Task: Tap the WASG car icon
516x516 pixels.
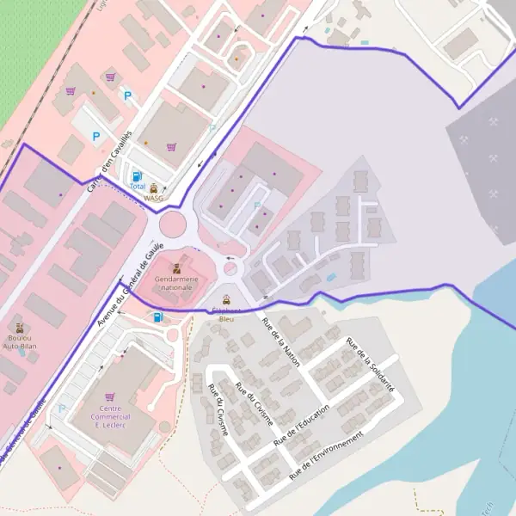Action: point(154,188)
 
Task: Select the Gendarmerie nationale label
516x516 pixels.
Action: point(175,283)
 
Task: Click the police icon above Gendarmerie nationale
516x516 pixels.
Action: point(176,269)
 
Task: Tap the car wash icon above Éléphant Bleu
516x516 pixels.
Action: point(226,299)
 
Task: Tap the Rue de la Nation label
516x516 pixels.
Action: point(280,342)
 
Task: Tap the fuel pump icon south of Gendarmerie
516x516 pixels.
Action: point(157,316)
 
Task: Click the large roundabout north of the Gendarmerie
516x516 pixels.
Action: point(173,225)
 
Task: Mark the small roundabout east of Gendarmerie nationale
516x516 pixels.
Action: point(230,269)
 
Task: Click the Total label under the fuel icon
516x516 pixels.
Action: point(137,186)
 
